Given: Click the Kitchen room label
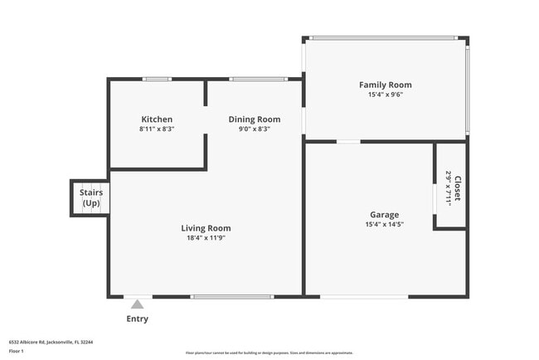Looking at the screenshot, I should coord(157,119).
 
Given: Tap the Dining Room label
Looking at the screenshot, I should coord(255,119).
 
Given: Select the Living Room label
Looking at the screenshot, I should coord(206,228).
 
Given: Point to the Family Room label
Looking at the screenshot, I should coord(385,85).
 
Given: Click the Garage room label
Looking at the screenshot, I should coord(384,215).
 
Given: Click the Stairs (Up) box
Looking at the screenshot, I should coord(90,197).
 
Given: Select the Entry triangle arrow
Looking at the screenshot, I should coord(137,304).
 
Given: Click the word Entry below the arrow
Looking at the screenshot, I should coord(138,319).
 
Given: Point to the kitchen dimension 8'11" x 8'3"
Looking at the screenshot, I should coord(157,129).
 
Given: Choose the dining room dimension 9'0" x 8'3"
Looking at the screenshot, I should coord(255,129).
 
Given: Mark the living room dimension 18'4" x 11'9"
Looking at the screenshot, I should coord(206,238).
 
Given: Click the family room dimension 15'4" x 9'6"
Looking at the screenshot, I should coord(385,95).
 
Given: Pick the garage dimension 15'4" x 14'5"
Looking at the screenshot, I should coord(384,225).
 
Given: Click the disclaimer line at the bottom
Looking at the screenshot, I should coord(269,353).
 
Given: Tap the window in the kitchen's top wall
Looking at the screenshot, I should coord(156,79).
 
